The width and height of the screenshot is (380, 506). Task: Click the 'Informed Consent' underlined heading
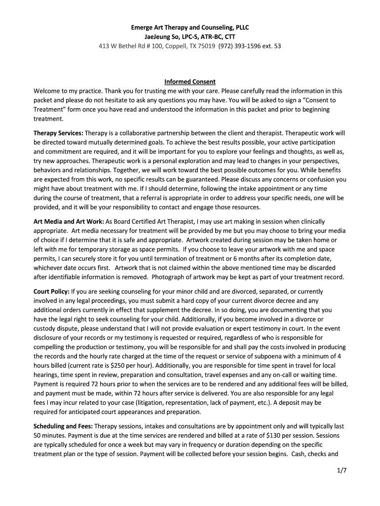click(190, 82)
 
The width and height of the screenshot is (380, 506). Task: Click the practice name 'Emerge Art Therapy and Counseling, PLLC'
click(190, 27)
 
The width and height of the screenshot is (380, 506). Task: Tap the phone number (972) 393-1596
click(238, 46)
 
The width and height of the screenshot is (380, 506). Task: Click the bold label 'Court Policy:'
click(51, 292)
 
